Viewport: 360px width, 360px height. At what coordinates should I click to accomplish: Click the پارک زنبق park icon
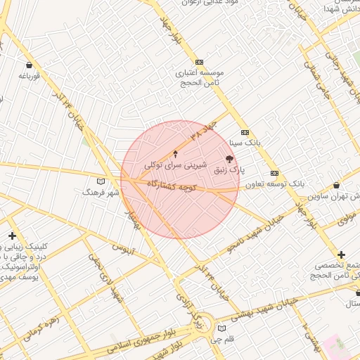229,159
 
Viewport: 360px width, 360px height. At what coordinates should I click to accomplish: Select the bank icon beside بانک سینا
245,132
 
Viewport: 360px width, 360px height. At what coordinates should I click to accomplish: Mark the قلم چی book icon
222,328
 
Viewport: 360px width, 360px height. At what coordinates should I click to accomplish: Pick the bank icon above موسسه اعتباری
199,62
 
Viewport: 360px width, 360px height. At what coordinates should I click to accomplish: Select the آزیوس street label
124,248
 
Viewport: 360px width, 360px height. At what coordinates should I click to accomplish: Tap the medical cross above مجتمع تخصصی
341,255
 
